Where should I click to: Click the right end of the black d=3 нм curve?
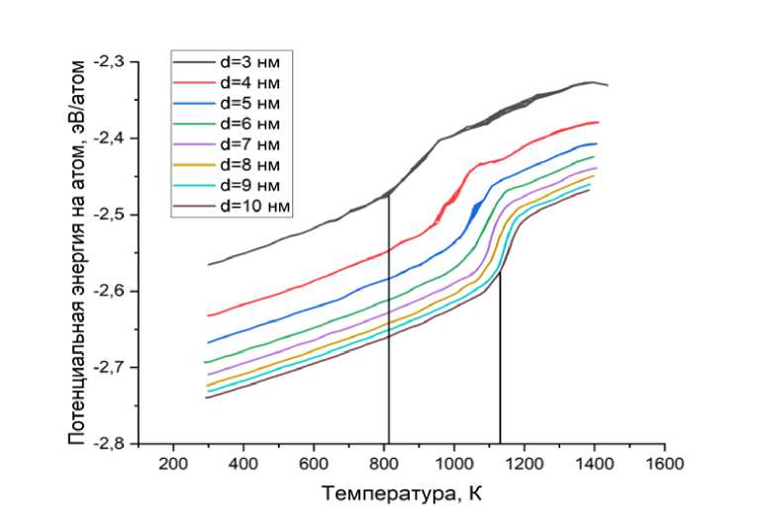coord(607,86)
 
